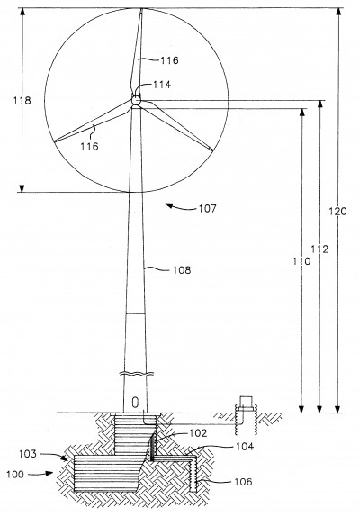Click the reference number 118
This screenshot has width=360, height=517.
click(x=22, y=101)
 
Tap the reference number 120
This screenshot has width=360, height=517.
click(x=337, y=211)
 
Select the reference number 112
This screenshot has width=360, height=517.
click(x=319, y=249)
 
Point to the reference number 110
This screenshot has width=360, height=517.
click(x=301, y=261)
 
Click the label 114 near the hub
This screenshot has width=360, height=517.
click(x=162, y=85)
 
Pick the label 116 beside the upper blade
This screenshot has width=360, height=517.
click(x=169, y=60)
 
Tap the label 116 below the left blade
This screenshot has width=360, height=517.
click(x=90, y=146)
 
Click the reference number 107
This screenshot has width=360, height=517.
click(x=208, y=208)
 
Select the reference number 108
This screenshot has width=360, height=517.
click(x=182, y=270)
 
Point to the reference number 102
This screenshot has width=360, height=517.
click(x=198, y=433)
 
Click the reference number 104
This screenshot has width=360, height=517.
click(x=245, y=447)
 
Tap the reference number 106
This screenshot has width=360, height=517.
click(x=243, y=482)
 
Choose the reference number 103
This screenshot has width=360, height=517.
click(x=28, y=454)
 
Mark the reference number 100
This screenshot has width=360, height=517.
click(x=15, y=475)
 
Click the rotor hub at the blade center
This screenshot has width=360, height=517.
click(x=136, y=100)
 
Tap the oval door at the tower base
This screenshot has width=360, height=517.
click(x=135, y=403)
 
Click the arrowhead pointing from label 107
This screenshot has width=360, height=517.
click(x=169, y=205)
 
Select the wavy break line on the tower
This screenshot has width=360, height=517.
click(x=137, y=374)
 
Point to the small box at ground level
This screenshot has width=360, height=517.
click(x=246, y=403)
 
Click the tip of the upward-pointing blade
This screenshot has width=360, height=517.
click(x=141, y=9)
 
